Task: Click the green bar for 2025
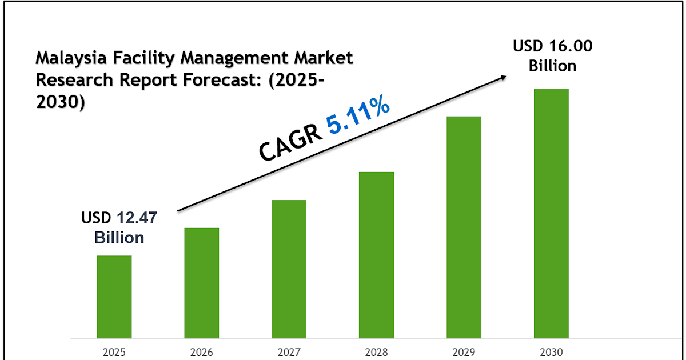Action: [114, 297]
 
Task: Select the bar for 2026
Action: [202, 283]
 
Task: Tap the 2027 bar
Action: [289, 269]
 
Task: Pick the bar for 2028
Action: [377, 255]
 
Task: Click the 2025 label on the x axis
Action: [114, 351]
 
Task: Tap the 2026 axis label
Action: [202, 351]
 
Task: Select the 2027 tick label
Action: [289, 351]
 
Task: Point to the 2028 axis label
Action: [377, 351]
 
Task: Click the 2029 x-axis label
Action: [464, 351]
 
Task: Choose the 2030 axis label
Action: [551, 351]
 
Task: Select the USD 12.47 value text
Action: [119, 218]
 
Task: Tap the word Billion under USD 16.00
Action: [552, 66]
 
